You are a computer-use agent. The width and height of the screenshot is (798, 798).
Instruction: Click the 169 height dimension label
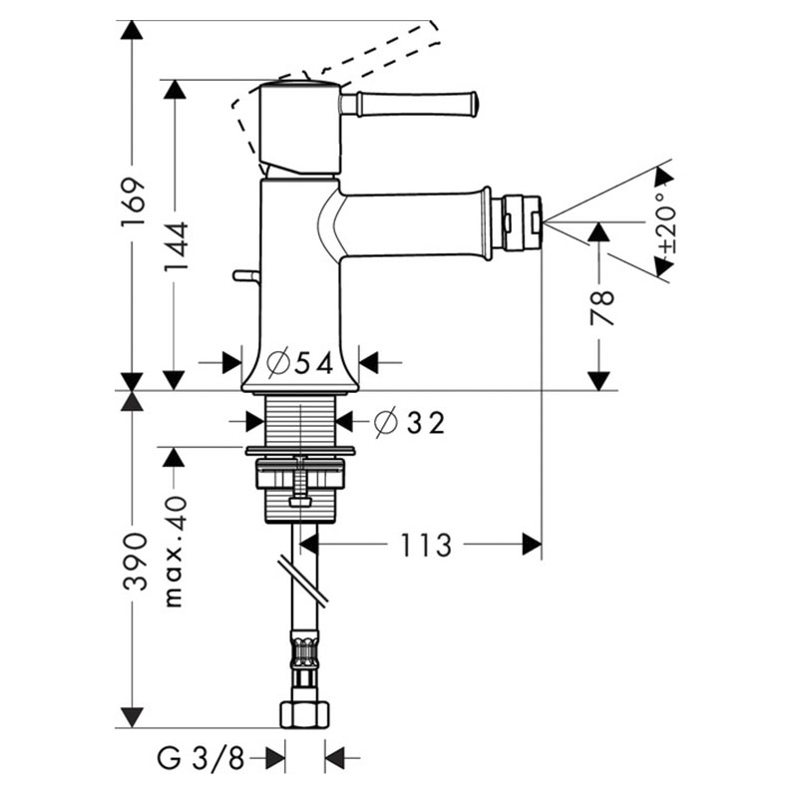coord(134,202)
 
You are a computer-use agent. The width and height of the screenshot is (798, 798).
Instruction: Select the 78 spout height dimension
coord(601,307)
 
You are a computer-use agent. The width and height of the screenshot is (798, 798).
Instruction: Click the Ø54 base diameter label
coord(300,363)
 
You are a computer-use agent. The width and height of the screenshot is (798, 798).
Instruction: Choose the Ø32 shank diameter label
coord(409,422)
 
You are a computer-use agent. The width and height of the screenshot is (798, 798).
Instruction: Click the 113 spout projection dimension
coord(426,545)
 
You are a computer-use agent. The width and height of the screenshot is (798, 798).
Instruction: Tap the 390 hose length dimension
coord(135,562)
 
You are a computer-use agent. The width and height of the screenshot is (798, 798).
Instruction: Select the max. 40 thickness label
coord(176,553)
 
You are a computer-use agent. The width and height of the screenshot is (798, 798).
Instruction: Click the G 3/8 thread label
coord(200,759)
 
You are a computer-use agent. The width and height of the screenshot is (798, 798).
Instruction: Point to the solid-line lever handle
coord(409,104)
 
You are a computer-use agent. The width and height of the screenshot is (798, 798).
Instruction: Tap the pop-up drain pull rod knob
coord(246,276)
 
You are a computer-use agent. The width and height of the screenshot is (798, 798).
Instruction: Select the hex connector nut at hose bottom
coord(305,715)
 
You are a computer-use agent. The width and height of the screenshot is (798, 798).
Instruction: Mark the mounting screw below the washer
coord(300,481)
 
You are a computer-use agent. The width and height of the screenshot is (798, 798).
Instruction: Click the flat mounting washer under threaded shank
coord(301,451)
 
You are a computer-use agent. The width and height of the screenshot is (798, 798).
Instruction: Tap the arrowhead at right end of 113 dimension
coord(532,545)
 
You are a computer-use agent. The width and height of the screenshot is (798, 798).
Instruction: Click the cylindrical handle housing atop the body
coord(300,129)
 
